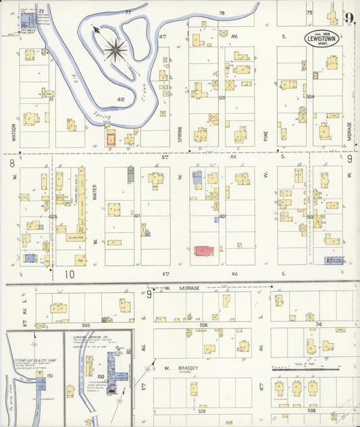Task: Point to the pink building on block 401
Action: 205,251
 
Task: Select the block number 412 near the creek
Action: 121,99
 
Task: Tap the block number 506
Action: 203,325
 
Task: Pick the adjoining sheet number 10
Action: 69,274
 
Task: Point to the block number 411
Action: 136,216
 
